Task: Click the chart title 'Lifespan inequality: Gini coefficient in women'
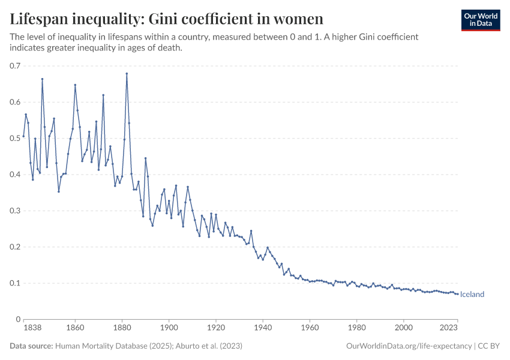167,19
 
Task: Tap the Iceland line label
472,295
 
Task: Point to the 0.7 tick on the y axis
15,66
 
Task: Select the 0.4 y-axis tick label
15,175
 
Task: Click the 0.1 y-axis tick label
15,283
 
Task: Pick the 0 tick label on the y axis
19,319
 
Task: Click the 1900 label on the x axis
169,328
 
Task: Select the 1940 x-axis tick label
263,328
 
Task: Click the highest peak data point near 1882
127,74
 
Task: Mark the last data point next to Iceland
458,294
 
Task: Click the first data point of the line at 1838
23,136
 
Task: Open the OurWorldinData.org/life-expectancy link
409,346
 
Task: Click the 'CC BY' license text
489,346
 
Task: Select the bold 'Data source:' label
31,346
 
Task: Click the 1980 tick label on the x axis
357,328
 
